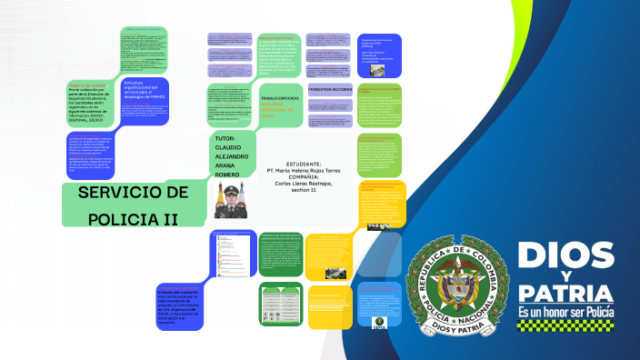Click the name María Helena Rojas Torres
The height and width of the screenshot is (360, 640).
[304, 170]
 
